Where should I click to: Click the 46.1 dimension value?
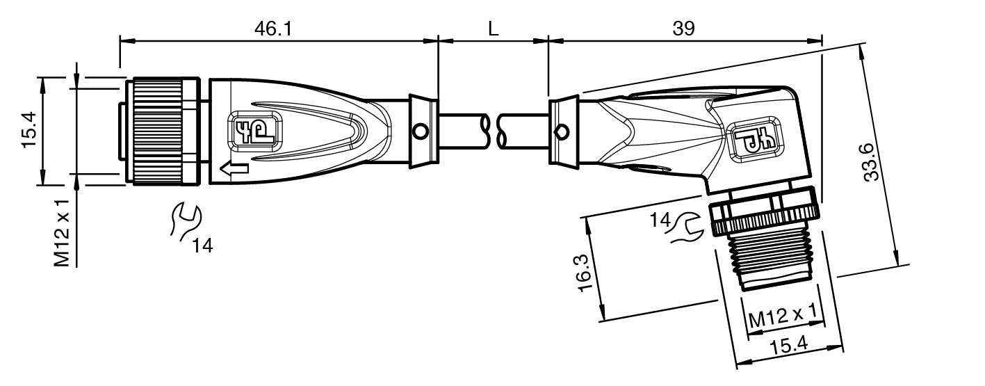click(x=273, y=29)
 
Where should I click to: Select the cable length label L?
click(x=494, y=29)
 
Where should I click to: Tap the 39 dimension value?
click(x=684, y=29)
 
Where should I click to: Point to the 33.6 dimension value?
click(x=871, y=162)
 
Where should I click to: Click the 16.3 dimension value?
click(x=585, y=273)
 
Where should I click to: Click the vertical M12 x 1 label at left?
click(x=62, y=233)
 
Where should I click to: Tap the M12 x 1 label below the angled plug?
click(x=782, y=316)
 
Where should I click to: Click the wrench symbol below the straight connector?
click(x=185, y=221)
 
